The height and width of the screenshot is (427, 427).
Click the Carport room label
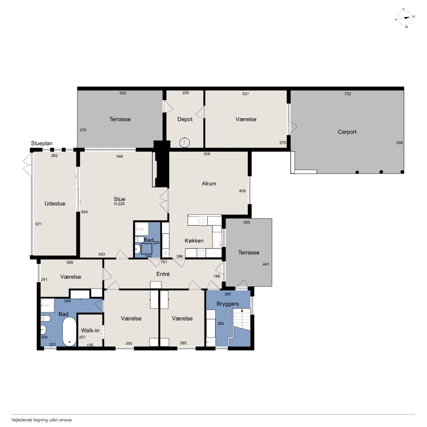coord(347,132)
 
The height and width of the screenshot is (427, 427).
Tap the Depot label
coord(185,119)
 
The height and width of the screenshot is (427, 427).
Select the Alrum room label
coord(209,183)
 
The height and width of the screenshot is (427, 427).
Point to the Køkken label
coord(194,241)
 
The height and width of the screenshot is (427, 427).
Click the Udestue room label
coord(55,203)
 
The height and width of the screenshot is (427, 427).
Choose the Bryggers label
coord(228,304)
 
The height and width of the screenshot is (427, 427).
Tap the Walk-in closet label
coord(90,330)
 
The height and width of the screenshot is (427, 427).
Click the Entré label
coord(163,274)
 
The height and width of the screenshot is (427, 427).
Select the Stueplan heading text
coord(42,143)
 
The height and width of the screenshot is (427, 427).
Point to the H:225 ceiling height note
coord(119,204)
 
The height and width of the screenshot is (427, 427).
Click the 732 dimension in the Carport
coord(348,94)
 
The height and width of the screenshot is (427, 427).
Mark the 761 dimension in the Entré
coord(164,262)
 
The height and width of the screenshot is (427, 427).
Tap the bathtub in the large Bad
coord(69,331)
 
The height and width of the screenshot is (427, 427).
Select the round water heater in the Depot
coord(184,142)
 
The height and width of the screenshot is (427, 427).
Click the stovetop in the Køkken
coord(201,253)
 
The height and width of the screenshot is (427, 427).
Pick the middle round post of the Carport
coord(381,172)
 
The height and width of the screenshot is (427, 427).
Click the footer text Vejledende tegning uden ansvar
coord(42,420)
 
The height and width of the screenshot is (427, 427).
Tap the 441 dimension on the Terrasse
coord(266,264)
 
